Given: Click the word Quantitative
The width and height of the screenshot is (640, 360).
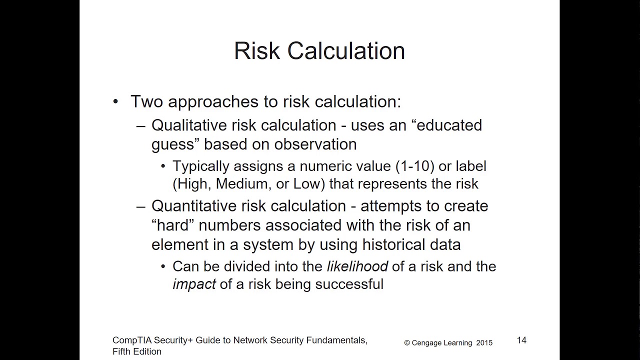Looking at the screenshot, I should [x=192, y=206].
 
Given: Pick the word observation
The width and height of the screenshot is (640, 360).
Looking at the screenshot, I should [x=316, y=144].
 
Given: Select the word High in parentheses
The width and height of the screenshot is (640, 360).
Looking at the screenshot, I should [x=191, y=183].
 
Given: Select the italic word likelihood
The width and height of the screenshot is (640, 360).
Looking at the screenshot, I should [x=357, y=266].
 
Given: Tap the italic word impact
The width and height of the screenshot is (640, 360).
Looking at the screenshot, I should [x=194, y=284].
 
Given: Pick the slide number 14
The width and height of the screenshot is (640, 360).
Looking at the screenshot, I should [x=521, y=340].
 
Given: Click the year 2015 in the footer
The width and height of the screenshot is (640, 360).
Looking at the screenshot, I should [x=484, y=343].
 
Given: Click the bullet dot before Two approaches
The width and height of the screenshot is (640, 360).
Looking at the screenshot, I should [x=116, y=102].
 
